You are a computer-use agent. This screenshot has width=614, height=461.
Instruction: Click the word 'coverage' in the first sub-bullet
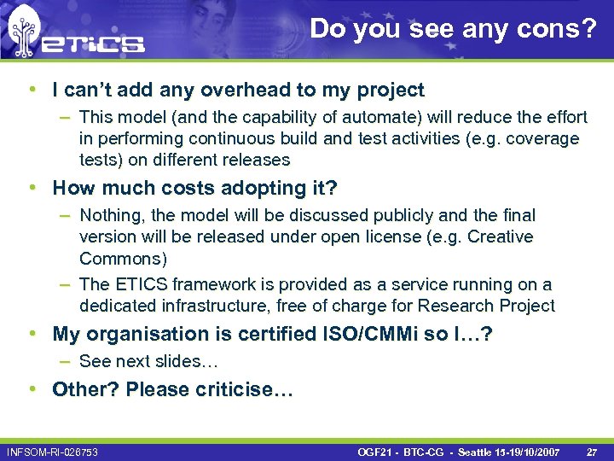coord(542,138)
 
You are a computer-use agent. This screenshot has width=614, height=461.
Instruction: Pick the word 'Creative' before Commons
coord(500,236)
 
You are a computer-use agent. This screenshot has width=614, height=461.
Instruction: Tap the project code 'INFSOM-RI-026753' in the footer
coord(52,450)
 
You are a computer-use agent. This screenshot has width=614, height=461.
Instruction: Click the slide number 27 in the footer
coord(592,450)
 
